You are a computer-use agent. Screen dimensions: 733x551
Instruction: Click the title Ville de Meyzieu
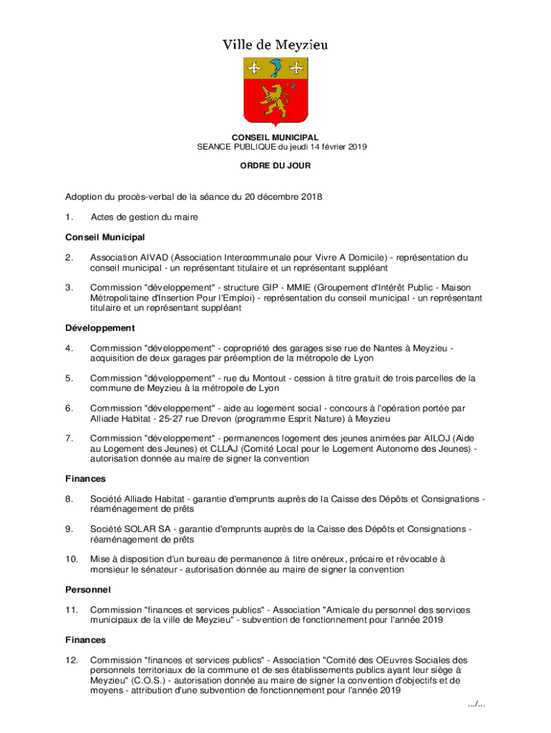pyautogui.click(x=275, y=45)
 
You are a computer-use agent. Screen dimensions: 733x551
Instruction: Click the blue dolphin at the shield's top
pyautogui.click(x=275, y=69)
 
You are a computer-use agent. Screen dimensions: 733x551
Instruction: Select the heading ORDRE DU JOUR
pyautogui.click(x=275, y=165)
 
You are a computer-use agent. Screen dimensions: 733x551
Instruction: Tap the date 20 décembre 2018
pyautogui.click(x=283, y=196)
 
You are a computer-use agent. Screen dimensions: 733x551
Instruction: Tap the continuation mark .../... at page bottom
pyautogui.click(x=477, y=704)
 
